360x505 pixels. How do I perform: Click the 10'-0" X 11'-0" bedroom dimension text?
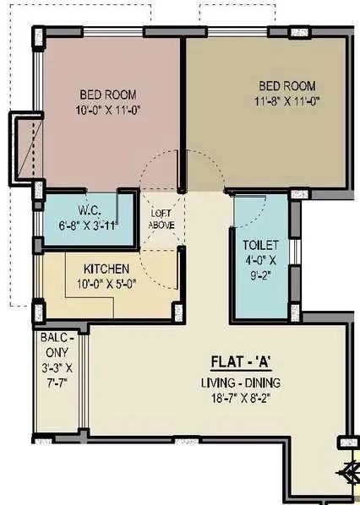tap(107, 109)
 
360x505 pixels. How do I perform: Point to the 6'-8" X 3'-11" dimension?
tap(87, 225)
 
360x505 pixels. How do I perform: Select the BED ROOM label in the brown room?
tap(286, 85)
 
